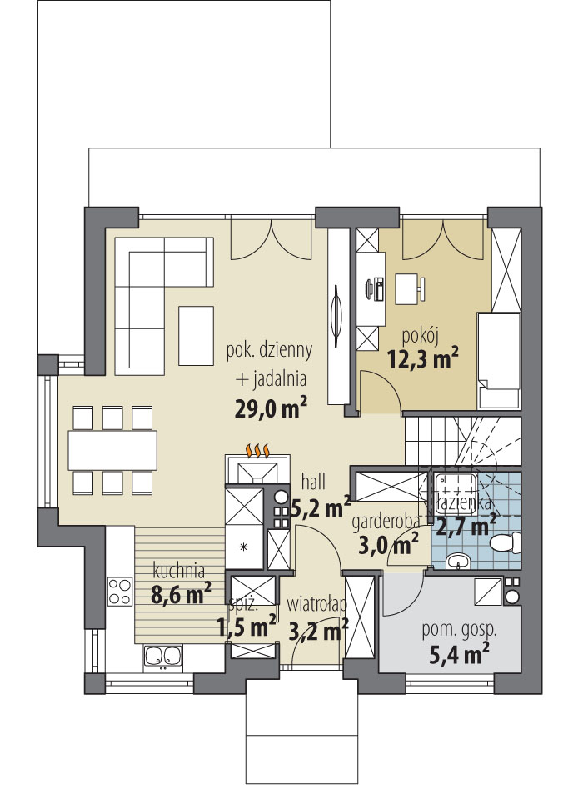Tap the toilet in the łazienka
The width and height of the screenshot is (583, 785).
(x=506, y=543)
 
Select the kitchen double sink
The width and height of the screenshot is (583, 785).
(x=162, y=657)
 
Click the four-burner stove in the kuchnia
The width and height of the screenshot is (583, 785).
(x=120, y=592)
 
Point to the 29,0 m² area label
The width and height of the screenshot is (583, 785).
(x=270, y=408)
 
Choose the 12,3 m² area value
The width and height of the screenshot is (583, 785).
(x=423, y=358)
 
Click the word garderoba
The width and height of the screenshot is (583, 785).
(x=386, y=522)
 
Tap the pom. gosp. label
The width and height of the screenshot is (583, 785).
(x=460, y=630)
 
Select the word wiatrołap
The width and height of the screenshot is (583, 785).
(x=316, y=605)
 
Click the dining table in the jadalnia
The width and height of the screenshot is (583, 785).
(x=112, y=449)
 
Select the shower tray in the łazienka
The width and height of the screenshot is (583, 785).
(x=455, y=493)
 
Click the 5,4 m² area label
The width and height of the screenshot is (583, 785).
(x=460, y=654)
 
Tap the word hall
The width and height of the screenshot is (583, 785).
(x=313, y=482)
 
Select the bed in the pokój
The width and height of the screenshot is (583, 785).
(x=499, y=360)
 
